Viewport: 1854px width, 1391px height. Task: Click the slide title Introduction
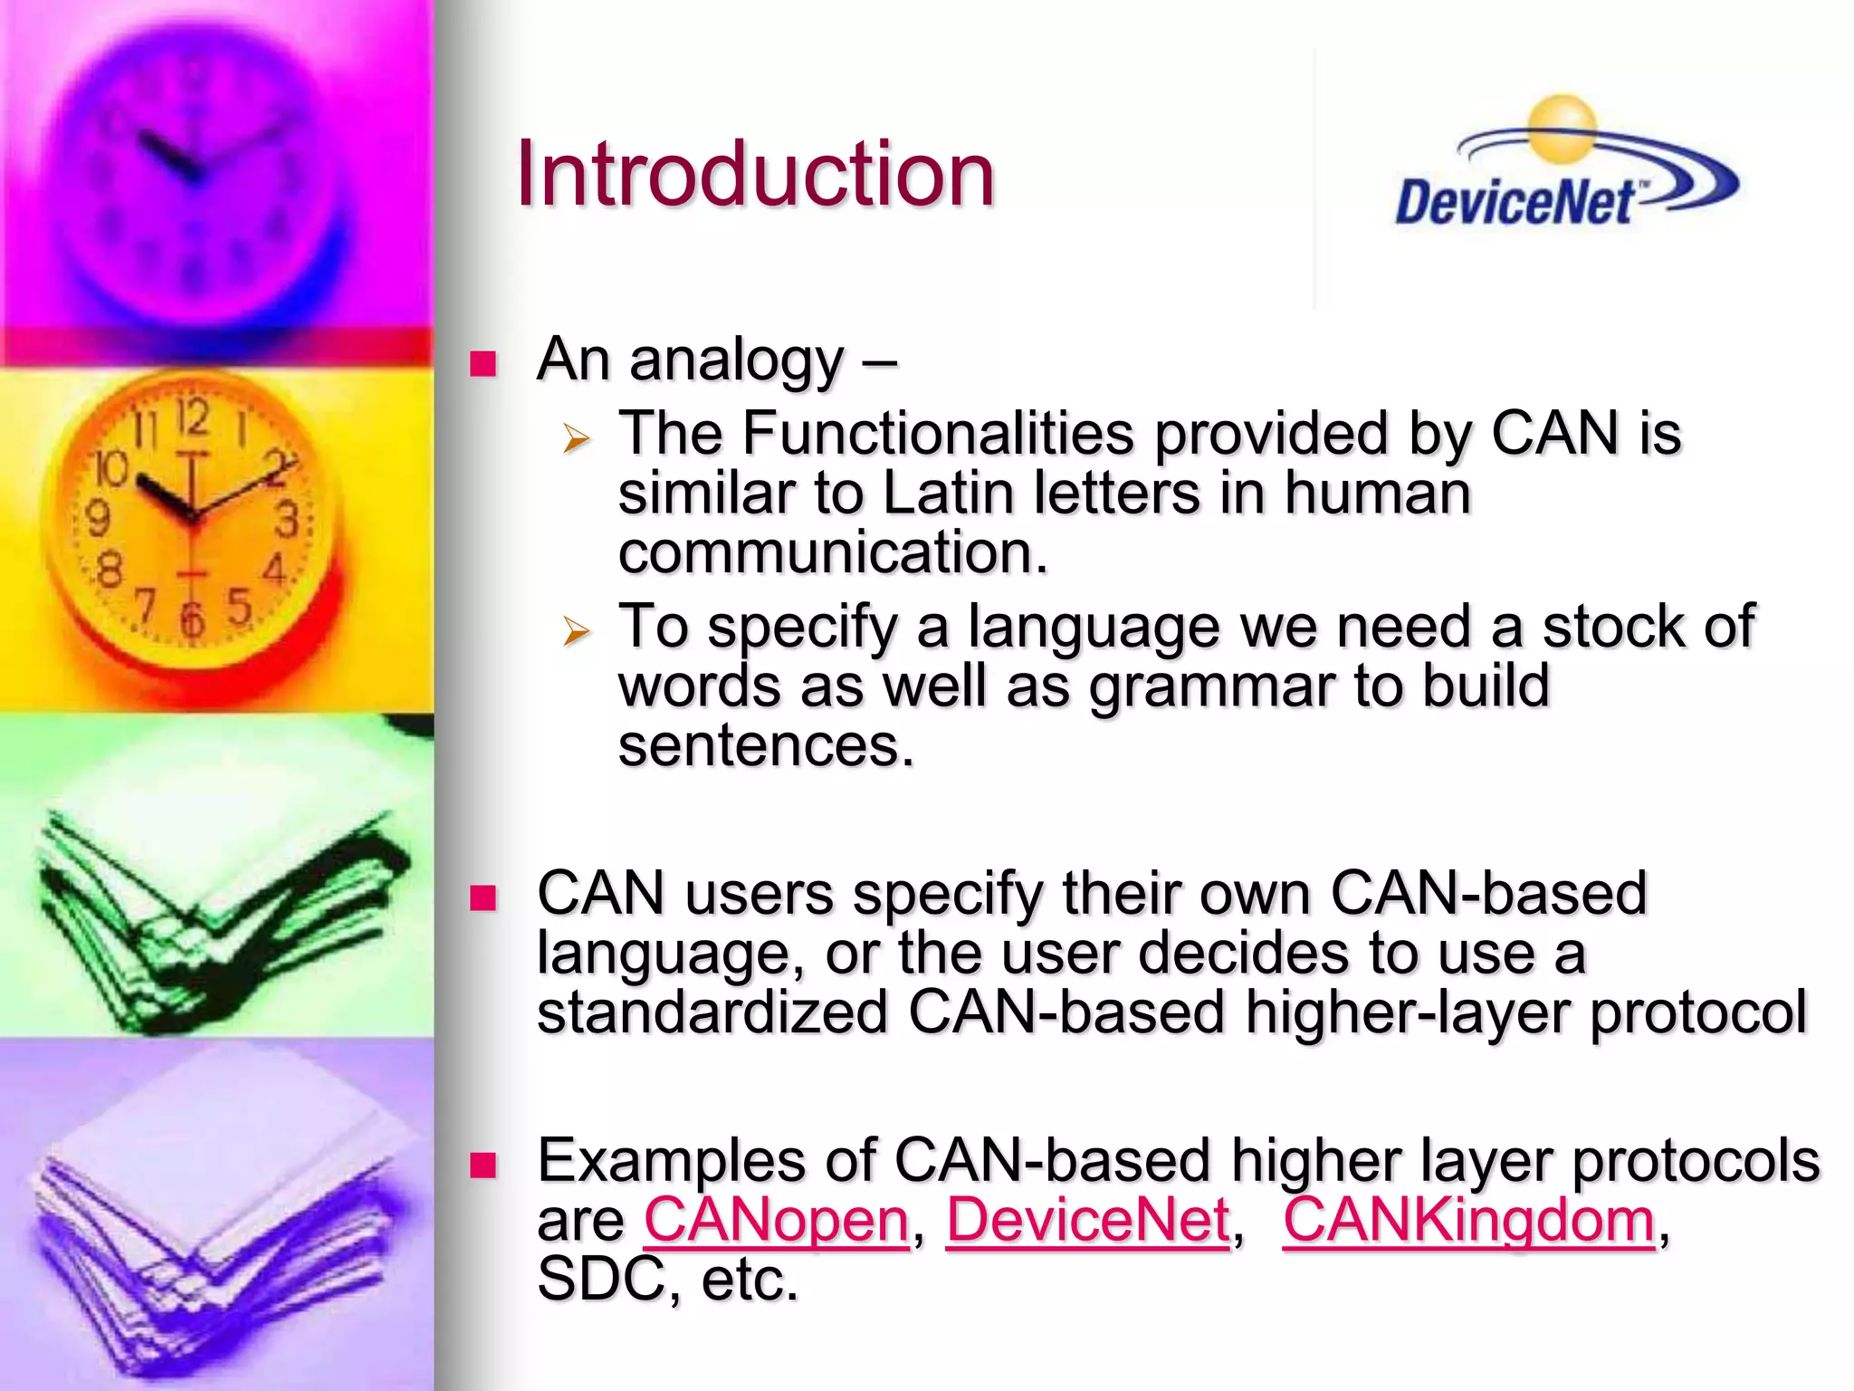pos(754,174)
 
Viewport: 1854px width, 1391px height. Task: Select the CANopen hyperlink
pos(776,1220)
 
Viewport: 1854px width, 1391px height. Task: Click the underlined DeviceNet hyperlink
pos(1088,1220)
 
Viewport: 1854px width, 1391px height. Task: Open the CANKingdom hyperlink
pos(1469,1220)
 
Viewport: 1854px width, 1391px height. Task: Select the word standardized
pos(712,1012)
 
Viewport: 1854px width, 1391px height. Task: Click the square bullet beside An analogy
pos(483,364)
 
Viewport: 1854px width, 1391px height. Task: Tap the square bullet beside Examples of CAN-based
pos(483,1165)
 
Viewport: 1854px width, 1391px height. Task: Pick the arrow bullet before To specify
pos(576,630)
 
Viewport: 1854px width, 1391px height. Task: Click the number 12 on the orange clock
pos(193,418)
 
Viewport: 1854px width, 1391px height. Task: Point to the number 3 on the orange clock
pos(287,521)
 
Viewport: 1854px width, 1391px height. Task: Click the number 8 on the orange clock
pos(109,571)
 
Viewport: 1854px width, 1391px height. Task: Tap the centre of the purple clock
pos(193,172)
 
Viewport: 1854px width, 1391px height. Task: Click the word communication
pos(832,553)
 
